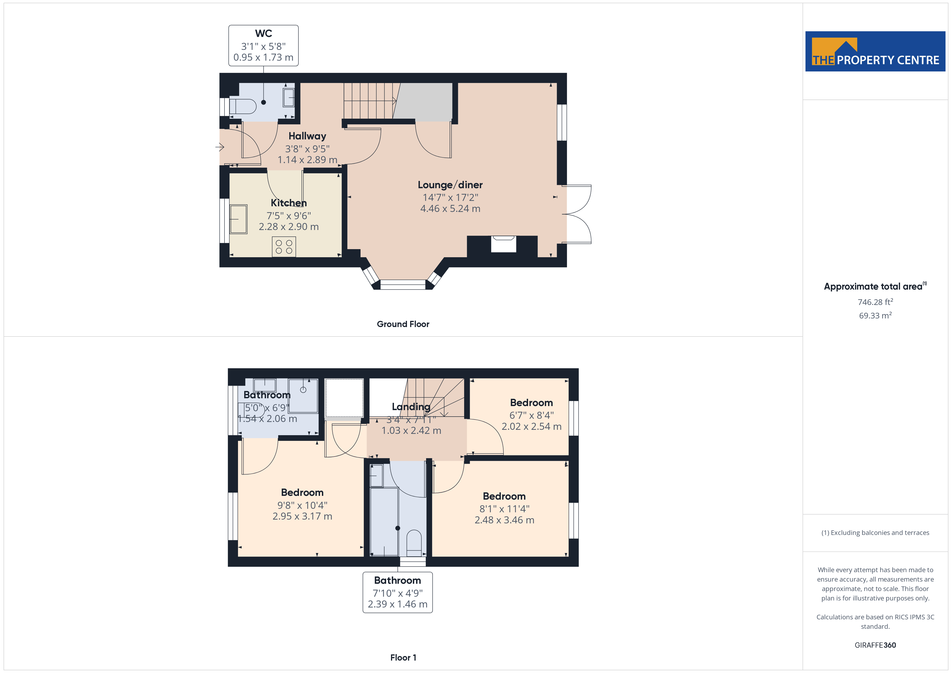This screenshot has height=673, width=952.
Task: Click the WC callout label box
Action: (x=263, y=46)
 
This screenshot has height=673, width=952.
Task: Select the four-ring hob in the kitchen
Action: (x=284, y=246)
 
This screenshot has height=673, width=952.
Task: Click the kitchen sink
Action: (x=239, y=219)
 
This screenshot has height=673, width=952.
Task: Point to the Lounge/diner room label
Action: (x=450, y=185)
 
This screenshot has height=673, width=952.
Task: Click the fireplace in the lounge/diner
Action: (x=503, y=244)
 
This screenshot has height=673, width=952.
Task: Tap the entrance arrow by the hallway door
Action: (x=220, y=147)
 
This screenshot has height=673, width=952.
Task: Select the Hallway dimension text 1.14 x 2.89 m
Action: (x=307, y=160)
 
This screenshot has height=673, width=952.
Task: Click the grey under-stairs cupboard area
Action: (x=424, y=102)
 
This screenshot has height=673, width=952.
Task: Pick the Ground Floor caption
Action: (x=403, y=324)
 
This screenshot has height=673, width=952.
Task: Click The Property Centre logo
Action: (x=875, y=51)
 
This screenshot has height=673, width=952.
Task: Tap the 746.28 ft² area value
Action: (x=875, y=302)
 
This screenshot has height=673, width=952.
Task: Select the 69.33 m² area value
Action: (x=875, y=315)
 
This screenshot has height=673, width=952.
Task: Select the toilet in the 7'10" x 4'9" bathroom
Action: (x=414, y=543)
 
